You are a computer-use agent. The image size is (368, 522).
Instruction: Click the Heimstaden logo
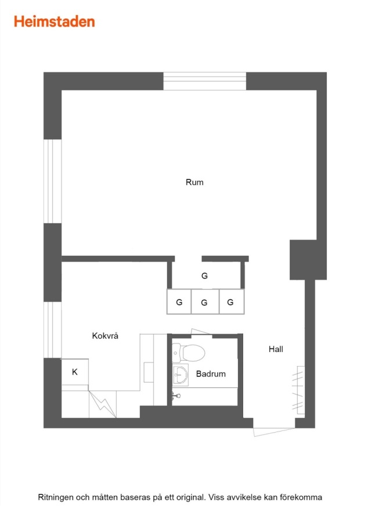point(55,21)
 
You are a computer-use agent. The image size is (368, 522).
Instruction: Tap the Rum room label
point(194,182)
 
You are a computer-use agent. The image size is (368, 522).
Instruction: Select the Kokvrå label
point(105,335)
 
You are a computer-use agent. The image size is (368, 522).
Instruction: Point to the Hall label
point(276,349)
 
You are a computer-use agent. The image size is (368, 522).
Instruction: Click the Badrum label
point(211,374)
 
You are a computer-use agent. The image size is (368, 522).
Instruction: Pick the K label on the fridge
point(75,372)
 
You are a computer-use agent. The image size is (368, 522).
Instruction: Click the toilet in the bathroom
point(189,353)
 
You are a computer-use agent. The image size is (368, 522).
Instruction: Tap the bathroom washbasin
point(181,375)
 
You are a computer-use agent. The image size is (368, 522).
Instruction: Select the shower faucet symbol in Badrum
point(176,396)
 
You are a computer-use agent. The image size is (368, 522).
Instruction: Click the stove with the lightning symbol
point(103,404)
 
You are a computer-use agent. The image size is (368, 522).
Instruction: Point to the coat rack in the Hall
point(299,390)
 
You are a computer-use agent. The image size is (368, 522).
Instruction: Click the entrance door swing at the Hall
point(273,432)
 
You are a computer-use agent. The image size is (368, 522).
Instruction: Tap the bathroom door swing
point(200,332)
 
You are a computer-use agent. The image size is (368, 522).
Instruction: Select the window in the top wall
point(204,81)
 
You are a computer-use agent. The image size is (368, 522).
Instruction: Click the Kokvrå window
point(53,329)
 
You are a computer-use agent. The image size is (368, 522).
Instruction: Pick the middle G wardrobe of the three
point(205,302)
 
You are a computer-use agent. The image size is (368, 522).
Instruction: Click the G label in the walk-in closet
point(204,275)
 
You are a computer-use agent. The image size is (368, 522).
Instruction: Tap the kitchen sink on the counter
point(148,372)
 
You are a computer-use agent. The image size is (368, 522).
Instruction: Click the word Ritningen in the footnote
point(56,498)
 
